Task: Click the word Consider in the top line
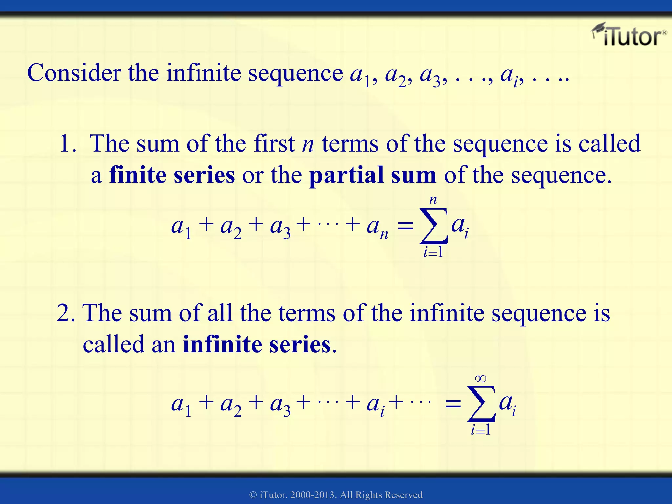tap(74, 73)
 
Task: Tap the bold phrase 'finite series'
tap(172, 175)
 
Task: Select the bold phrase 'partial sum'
tap(373, 175)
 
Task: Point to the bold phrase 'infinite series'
tap(257, 345)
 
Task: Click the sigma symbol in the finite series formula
tap(433, 226)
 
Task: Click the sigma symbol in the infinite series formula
tap(481, 404)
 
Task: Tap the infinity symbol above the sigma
tap(480, 379)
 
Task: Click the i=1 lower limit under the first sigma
tap(433, 252)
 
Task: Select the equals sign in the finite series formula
tap(405, 226)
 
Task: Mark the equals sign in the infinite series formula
tap(453, 404)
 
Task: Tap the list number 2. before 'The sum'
tap(66, 313)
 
